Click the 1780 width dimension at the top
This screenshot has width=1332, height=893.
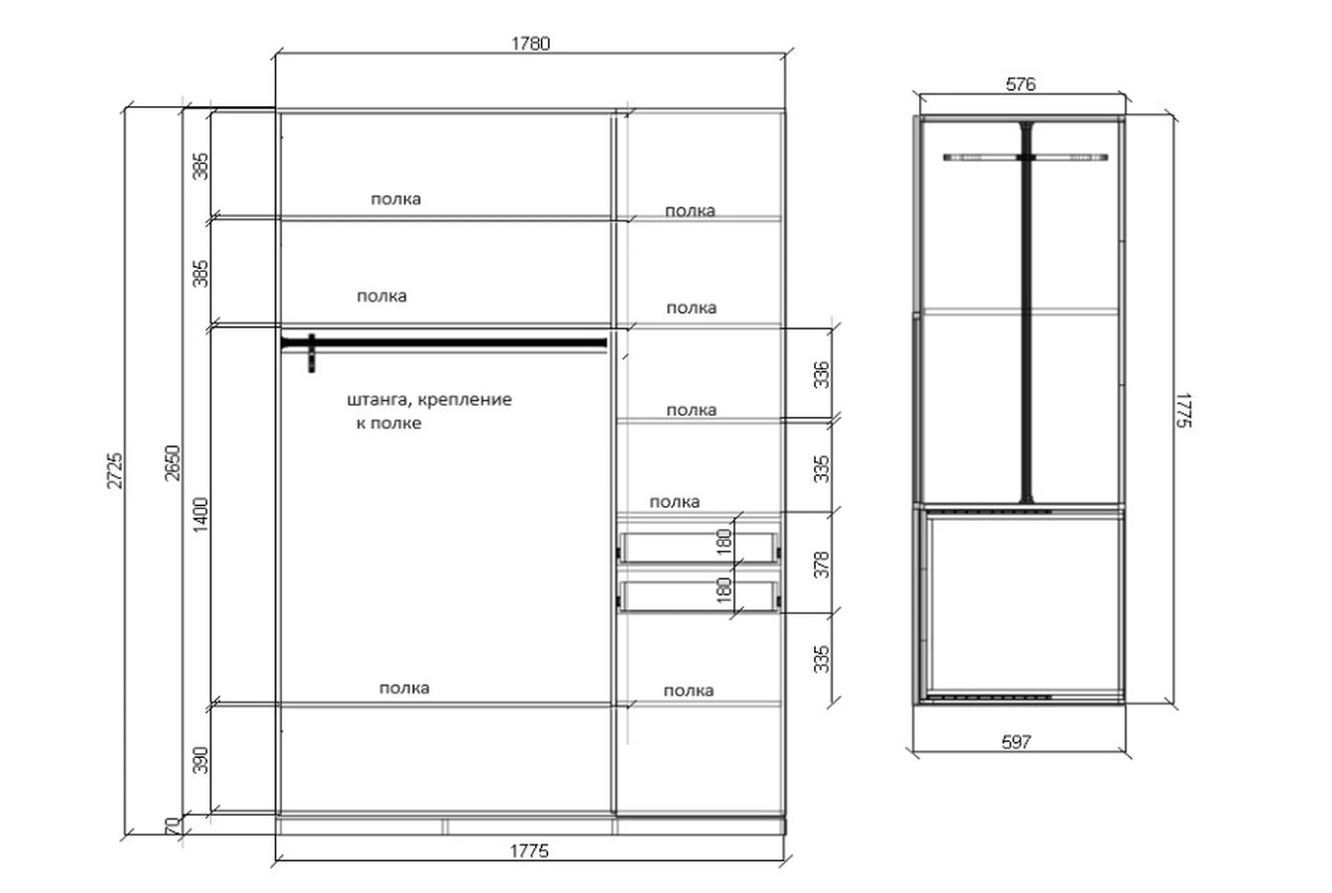[530, 44]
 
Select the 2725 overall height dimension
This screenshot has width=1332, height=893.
[115, 471]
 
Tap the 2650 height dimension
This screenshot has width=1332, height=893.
[172, 463]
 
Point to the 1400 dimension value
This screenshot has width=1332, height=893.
[200, 515]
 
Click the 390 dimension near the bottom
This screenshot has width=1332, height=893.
[200, 760]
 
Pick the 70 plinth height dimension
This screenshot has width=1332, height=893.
[172, 826]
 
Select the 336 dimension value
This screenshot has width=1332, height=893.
[821, 374]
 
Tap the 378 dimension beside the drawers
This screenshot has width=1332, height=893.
[821, 565]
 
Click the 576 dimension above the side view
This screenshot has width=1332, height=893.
[1020, 84]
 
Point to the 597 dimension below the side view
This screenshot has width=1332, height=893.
[1016, 742]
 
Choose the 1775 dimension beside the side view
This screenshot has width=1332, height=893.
[1183, 410]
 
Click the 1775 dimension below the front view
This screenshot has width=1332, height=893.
[529, 851]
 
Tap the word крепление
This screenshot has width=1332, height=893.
[465, 400]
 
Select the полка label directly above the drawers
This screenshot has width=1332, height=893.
[674, 502]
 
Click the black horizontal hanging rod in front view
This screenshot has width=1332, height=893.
[444, 343]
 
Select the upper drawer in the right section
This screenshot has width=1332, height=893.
[698, 548]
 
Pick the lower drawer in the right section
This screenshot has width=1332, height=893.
[698, 596]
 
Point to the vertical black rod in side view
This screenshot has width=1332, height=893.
[1026, 313]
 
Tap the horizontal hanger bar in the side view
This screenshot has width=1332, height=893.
[1025, 158]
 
